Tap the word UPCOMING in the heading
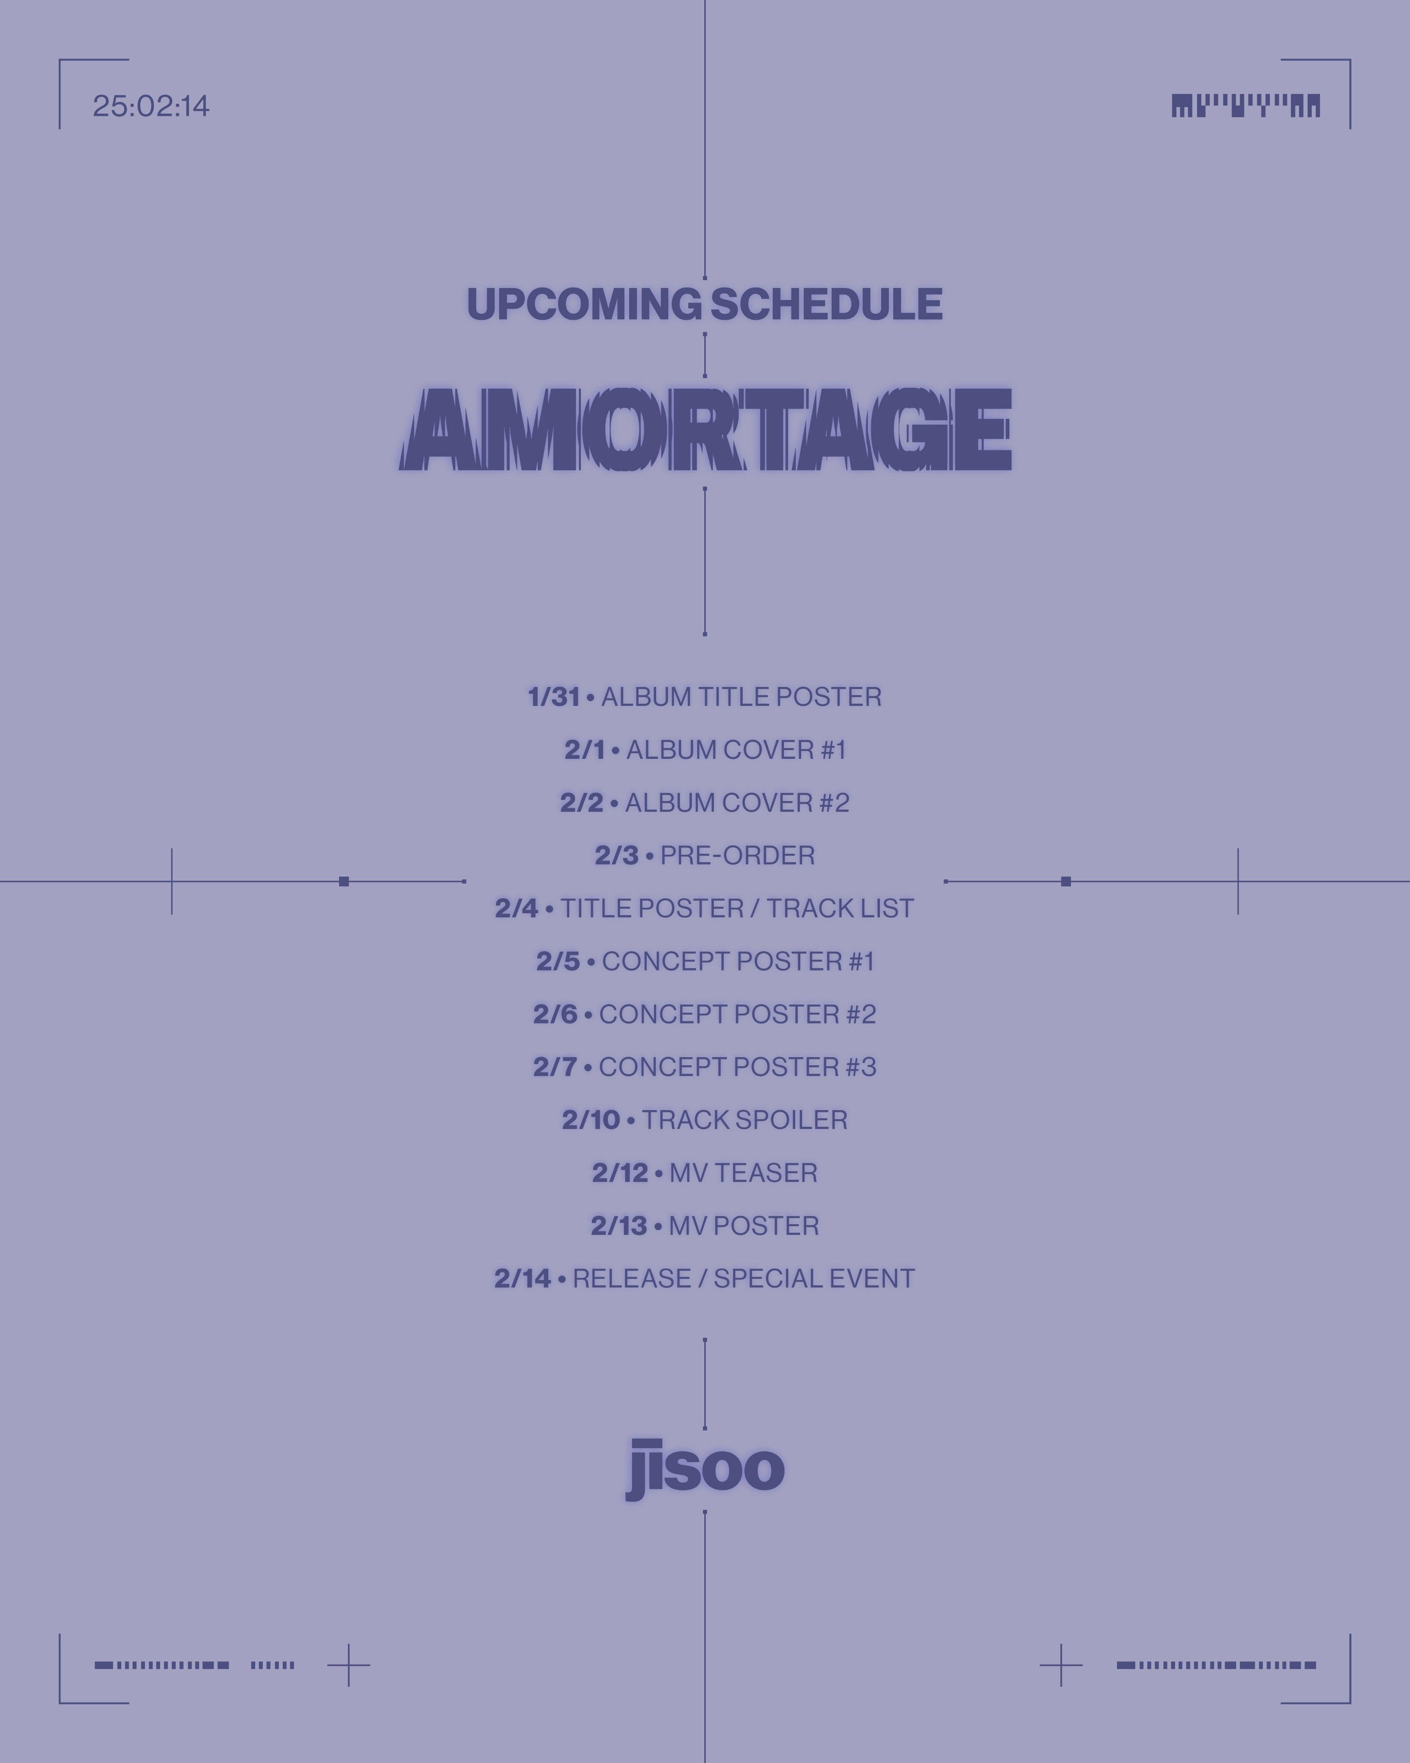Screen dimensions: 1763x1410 point(583,304)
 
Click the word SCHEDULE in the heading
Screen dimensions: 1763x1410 point(827,304)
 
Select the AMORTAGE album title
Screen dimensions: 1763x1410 point(705,429)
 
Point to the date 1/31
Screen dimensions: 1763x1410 point(553,697)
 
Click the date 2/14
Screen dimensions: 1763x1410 point(522,1278)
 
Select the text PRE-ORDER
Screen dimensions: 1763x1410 point(737,855)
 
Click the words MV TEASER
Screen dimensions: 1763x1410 point(743,1172)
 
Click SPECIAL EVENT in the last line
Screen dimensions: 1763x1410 point(814,1278)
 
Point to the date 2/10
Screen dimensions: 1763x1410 point(590,1120)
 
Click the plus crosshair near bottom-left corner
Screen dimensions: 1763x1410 point(348,1665)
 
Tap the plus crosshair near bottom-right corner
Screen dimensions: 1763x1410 point(1061,1665)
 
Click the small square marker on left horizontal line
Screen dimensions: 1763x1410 point(344,881)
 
